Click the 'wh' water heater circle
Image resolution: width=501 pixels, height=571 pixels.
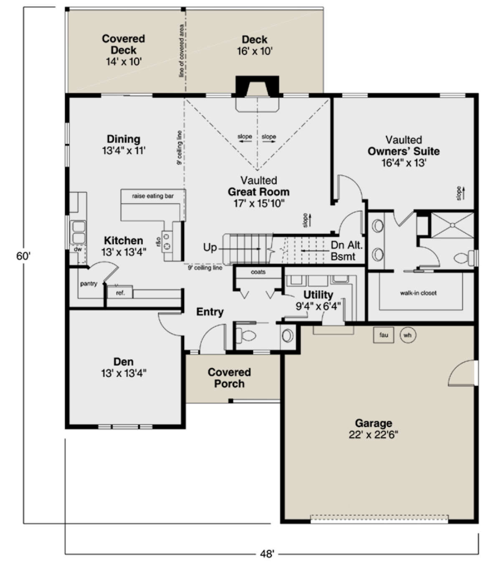click(x=407, y=335)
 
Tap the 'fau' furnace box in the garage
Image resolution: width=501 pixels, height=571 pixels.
click(x=383, y=335)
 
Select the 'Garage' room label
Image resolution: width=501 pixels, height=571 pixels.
click(x=374, y=423)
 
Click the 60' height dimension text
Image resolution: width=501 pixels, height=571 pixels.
click(x=23, y=256)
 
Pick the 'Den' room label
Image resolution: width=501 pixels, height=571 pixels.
click(x=124, y=361)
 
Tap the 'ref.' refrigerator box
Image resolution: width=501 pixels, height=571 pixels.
click(x=120, y=293)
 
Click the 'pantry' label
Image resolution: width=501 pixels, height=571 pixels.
click(x=89, y=283)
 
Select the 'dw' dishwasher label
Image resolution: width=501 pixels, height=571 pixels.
click(x=78, y=249)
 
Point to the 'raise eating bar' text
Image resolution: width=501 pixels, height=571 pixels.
click(x=153, y=196)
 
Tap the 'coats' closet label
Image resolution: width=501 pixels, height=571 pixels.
click(x=258, y=272)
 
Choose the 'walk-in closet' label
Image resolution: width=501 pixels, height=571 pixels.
click(x=418, y=293)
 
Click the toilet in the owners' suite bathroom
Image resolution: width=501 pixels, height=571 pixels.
click(x=465, y=258)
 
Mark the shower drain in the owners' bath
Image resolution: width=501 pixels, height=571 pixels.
click(x=452, y=225)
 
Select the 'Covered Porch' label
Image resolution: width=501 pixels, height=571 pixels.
click(x=229, y=378)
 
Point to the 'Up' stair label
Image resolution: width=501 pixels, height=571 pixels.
click(x=210, y=248)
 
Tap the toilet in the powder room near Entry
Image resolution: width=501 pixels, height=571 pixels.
click(x=245, y=336)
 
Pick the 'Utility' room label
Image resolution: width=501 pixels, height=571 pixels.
click(x=318, y=295)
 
